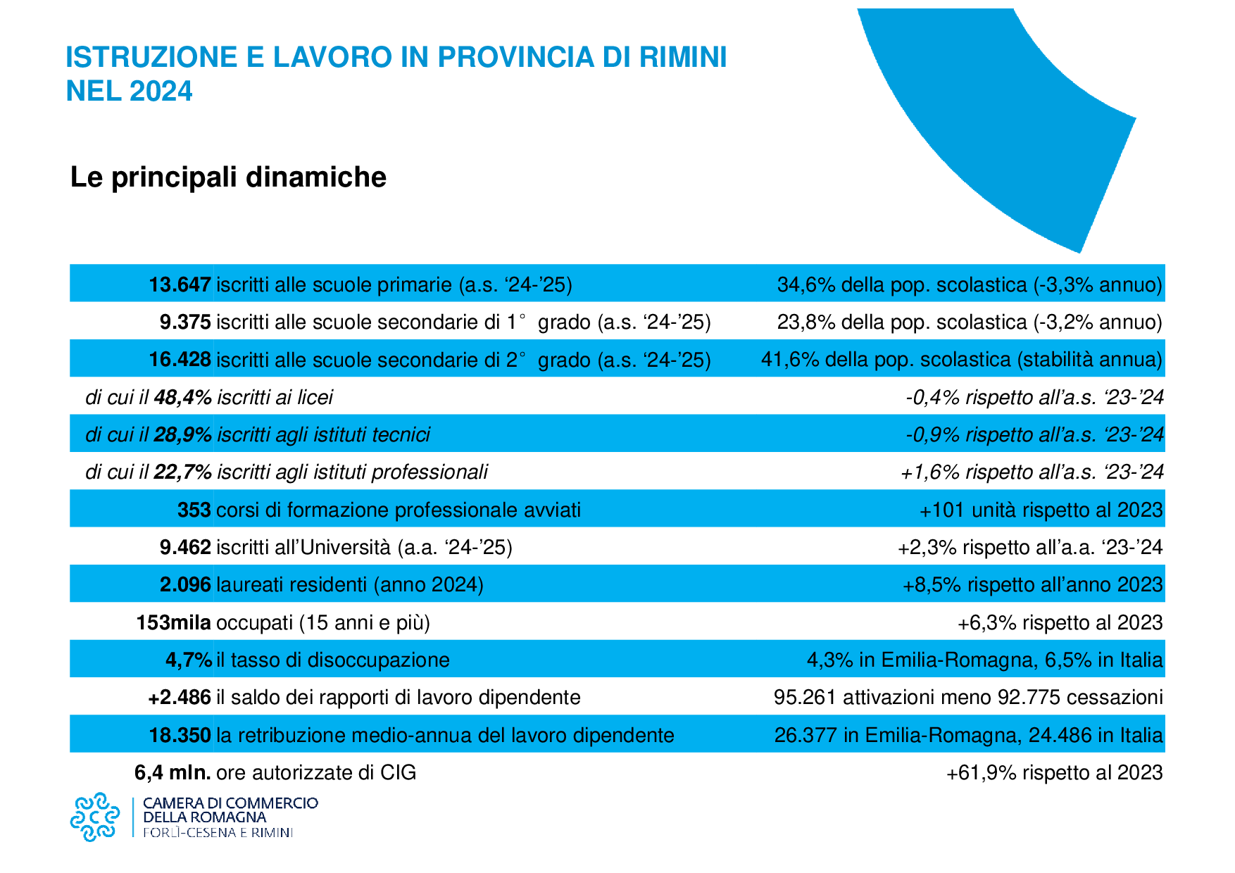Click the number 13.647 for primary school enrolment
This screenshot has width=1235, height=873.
[x=180, y=284]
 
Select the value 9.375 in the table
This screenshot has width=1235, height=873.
[x=185, y=322]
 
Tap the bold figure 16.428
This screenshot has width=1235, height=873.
[x=180, y=360]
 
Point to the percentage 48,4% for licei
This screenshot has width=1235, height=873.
[x=182, y=398]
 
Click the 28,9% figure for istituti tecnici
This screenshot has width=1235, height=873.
[x=182, y=435]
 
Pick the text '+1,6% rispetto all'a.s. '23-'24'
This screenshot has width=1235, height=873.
[x=1032, y=472]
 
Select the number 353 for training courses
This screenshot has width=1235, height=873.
[x=194, y=510]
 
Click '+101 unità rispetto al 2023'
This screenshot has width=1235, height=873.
[x=1041, y=510]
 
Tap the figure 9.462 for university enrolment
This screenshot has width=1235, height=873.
[x=185, y=547]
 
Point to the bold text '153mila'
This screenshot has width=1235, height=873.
[x=174, y=622]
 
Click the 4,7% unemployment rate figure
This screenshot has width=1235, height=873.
[x=188, y=660]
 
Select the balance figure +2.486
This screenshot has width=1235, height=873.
[x=180, y=698]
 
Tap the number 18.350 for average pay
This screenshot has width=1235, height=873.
[x=180, y=736]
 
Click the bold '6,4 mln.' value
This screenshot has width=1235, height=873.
[x=173, y=773]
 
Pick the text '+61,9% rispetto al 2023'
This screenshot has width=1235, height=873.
[x=1054, y=773]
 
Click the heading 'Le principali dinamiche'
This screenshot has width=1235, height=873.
[x=228, y=177]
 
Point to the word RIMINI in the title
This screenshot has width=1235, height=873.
[x=682, y=57]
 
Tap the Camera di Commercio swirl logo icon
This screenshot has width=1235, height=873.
[x=94, y=817]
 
